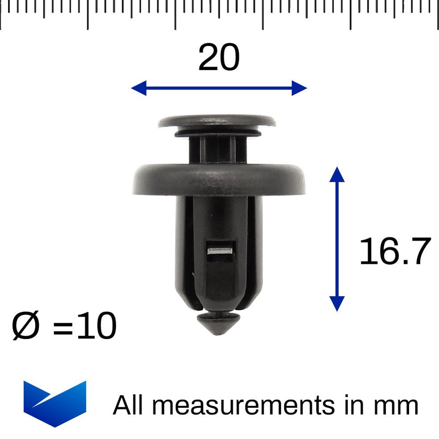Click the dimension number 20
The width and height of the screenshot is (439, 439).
coord(219,58)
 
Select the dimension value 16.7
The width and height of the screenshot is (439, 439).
coord(395,252)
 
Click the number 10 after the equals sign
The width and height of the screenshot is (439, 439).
coord(96,326)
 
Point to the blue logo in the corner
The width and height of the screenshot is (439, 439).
coord(54,403)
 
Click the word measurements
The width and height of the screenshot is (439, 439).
coord(243,406)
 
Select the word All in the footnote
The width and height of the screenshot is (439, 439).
coord(130,405)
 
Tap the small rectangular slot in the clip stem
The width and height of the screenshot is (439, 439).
coord(219,251)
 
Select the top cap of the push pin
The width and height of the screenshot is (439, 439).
coord(217,121)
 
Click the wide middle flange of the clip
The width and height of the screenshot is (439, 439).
coord(219,180)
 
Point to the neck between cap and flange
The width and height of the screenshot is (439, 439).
coord(217,150)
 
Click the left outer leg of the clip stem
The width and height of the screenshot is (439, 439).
coord(182,250)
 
